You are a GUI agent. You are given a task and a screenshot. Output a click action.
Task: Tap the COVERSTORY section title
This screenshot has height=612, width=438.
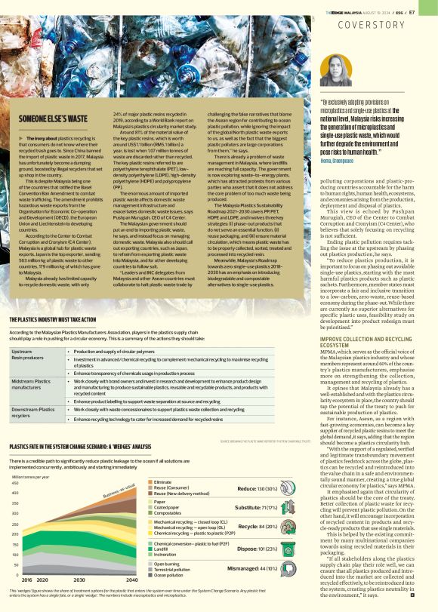(x=388, y=23)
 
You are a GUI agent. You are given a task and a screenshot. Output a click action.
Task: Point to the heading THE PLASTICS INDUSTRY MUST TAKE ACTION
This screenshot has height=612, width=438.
(x=59, y=319)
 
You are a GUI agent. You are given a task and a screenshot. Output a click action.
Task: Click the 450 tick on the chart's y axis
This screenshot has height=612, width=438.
(x=17, y=462)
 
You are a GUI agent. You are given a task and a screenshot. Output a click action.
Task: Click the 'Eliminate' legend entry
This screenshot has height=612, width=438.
(x=162, y=460)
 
